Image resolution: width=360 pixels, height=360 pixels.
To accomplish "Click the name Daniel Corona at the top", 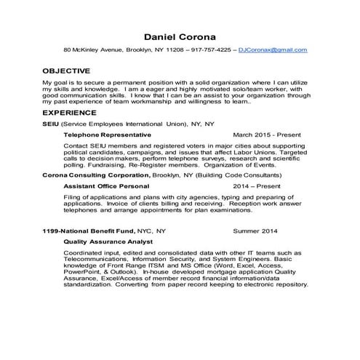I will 180,36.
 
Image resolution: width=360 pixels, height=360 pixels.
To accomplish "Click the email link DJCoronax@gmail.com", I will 279,50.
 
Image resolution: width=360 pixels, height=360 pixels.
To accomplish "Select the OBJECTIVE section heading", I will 66,71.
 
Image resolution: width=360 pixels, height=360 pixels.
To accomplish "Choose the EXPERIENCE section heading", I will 69,113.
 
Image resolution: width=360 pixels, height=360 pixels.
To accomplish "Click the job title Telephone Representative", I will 107,135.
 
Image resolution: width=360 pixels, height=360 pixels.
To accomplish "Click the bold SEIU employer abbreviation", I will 51,124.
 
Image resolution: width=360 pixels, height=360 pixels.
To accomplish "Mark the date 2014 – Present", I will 258,186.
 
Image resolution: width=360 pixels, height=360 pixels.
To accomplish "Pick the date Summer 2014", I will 255,231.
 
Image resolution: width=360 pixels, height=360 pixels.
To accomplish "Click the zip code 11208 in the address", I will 175,50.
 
